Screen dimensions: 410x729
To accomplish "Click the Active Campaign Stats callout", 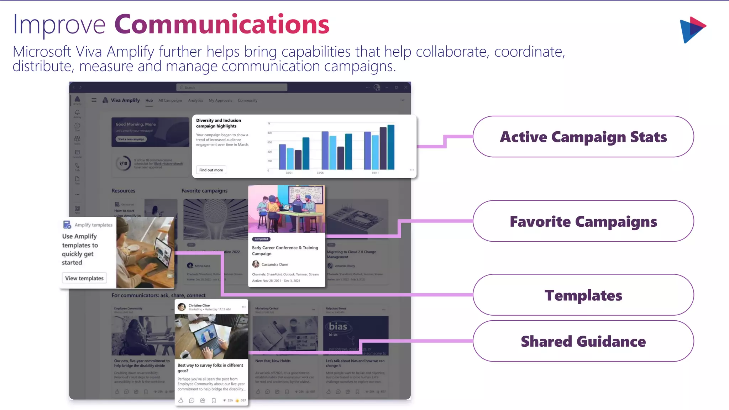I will pos(583,137).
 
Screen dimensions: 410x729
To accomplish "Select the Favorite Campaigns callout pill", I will pos(583,221).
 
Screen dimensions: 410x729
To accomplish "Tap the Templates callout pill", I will pos(583,295).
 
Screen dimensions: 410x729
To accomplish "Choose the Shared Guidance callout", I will pos(583,341).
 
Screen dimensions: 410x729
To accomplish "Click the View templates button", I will pos(84,278).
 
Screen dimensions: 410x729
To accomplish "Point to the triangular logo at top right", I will pos(692,30).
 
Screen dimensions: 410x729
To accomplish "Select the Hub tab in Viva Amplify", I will pos(149,100).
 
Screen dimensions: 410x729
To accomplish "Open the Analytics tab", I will pos(195,100).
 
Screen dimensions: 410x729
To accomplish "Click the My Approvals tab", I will pos(220,100).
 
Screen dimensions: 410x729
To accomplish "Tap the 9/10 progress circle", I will pos(123,163).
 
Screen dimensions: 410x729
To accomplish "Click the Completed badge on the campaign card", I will pos(261,239).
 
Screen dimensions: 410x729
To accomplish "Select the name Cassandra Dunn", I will pos(274,264).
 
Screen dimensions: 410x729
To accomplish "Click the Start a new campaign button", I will pos(131,139).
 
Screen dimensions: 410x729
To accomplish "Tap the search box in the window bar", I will pos(231,87).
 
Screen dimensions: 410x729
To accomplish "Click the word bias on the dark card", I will pos(338,326).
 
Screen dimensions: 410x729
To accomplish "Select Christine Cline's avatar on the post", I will pos(182,307).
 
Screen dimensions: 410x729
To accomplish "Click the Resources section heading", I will pos(123,191).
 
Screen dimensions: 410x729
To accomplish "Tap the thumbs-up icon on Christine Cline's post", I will pos(181,400).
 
